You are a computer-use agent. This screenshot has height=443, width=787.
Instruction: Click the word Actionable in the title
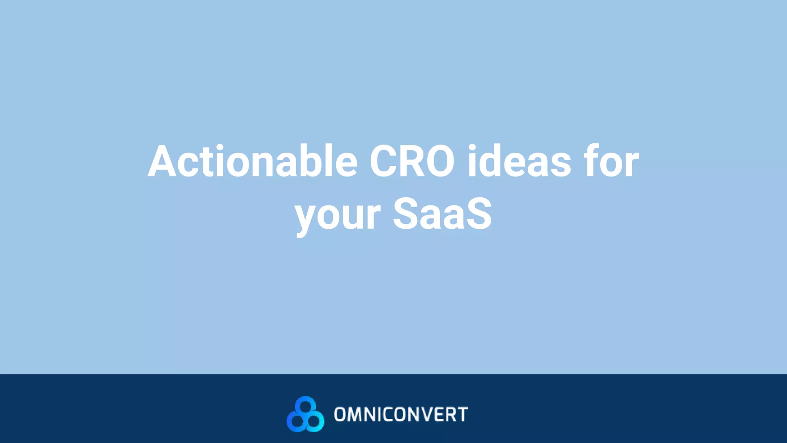coord(252,162)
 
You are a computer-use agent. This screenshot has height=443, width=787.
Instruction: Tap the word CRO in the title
coord(412,162)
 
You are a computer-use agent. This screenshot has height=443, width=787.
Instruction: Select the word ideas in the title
coord(519,162)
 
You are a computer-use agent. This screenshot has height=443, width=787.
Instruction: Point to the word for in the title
coord(611,162)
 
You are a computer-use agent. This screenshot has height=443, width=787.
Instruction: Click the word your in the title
coord(337,215)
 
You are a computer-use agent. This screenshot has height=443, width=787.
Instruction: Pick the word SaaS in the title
coord(442,214)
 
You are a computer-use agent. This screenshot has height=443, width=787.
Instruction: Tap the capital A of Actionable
coord(162,162)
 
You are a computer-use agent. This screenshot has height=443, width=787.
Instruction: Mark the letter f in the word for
coord(592,161)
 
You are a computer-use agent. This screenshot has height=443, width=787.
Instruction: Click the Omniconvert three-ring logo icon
coord(306,414)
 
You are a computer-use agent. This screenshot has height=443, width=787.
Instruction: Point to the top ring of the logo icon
coord(306,406)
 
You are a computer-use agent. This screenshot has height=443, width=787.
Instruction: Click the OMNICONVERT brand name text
coord(401,415)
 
